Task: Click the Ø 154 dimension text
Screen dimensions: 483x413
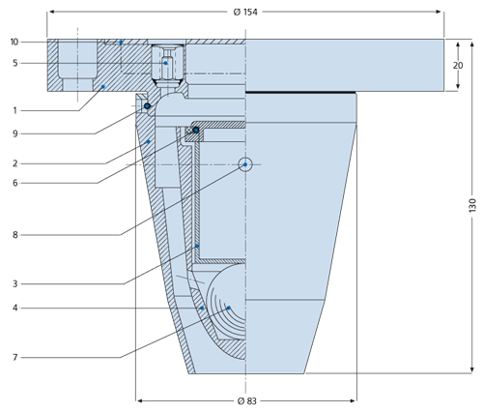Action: point(245,12)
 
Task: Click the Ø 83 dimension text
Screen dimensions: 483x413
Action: point(247,401)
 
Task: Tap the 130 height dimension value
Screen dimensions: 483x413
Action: point(472,205)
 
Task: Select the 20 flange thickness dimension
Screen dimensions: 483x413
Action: point(458,66)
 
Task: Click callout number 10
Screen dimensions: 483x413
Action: point(14,42)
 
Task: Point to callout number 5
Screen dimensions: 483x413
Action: point(15,63)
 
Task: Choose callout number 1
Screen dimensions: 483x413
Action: point(14,111)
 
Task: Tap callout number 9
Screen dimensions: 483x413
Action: point(15,133)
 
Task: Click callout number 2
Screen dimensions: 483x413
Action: point(15,163)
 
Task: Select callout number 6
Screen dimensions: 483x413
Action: point(15,183)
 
